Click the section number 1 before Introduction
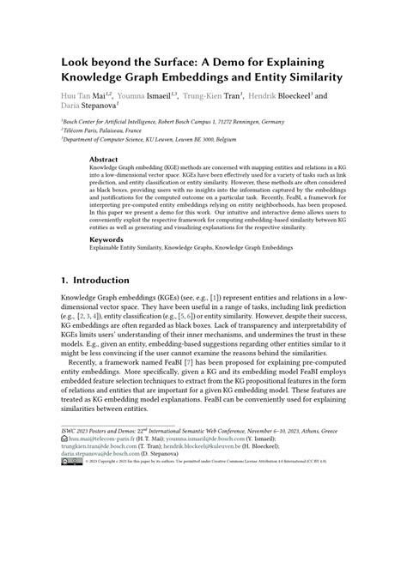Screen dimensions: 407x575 click(64, 281)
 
